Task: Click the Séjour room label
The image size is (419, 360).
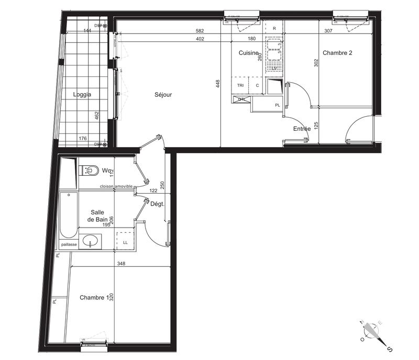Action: coord(163,95)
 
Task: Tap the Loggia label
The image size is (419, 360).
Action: coord(82,95)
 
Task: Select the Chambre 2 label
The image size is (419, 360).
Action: coord(337,53)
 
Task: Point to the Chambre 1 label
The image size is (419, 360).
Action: coord(94,297)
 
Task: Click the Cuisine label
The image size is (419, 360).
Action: coord(249,53)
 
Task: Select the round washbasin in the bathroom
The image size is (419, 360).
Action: coord(92,241)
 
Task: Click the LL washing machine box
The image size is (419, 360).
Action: coord(125,242)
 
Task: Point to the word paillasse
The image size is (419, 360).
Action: coord(70,244)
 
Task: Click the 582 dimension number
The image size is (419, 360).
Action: coord(199,31)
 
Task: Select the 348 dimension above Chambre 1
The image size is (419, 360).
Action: coord(121,263)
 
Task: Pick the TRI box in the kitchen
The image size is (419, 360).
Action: coord(240,85)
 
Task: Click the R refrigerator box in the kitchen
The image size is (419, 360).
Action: coord(274,28)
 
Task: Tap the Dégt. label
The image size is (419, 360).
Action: coord(158,205)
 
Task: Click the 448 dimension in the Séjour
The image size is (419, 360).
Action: coord(218,84)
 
